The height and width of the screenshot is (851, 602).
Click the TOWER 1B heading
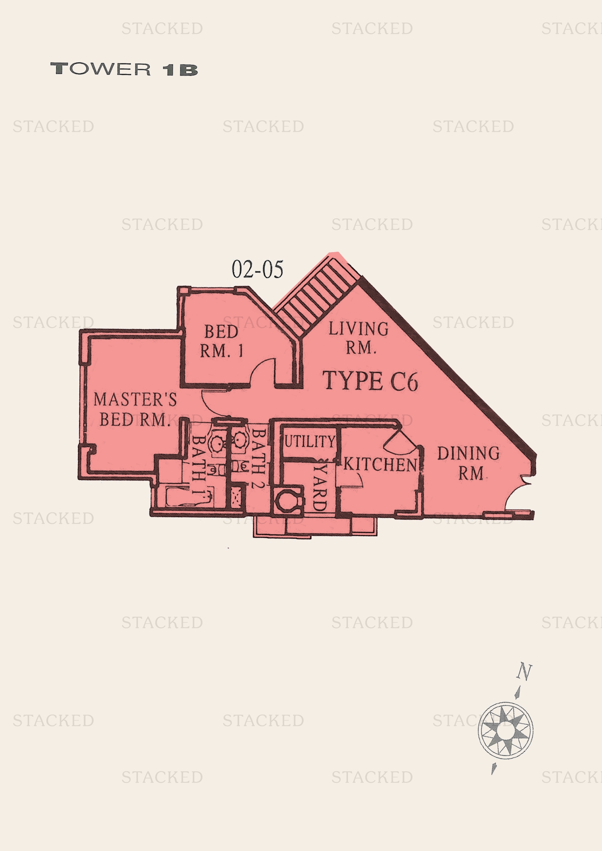tap(124, 69)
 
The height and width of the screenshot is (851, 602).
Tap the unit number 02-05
tap(257, 270)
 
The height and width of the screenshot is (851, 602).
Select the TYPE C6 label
tap(370, 381)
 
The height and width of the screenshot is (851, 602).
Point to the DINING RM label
tap(468, 463)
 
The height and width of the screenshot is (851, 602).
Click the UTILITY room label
tap(309, 441)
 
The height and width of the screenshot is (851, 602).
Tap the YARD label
tap(320, 487)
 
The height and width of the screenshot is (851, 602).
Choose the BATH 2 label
tap(258, 458)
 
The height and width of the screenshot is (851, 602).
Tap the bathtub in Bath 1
tap(189, 497)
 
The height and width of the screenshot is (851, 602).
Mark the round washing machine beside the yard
tap(288, 501)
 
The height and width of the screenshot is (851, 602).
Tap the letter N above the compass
tap(524, 672)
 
